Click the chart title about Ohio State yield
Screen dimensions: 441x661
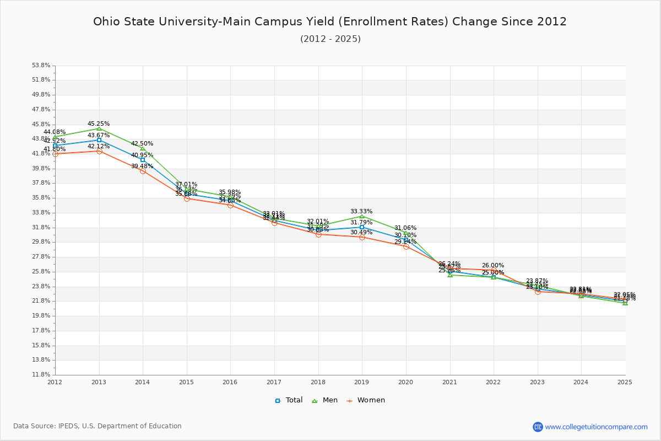pyautogui.click(x=330, y=21)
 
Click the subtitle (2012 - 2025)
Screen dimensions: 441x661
pyautogui.click(x=330, y=39)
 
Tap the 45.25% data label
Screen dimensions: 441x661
pyautogui.click(x=99, y=123)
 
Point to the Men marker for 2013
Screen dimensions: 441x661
pyautogui.click(x=99, y=128)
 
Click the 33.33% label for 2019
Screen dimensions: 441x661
pyautogui.click(x=361, y=211)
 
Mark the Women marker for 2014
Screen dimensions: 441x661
pyautogui.click(x=143, y=171)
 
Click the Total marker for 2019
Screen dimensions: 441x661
pyautogui.click(x=362, y=227)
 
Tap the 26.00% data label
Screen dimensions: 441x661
pyautogui.click(x=493, y=265)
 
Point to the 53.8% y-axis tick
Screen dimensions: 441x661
pyautogui.click(x=42, y=65)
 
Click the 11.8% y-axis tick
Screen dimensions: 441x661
pyautogui.click(x=42, y=374)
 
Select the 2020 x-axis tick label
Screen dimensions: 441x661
pyautogui.click(x=405, y=381)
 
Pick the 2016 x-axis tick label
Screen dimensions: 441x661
pyautogui.click(x=230, y=381)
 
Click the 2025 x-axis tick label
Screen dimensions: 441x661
pyautogui.click(x=625, y=381)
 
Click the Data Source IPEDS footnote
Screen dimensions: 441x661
pyautogui.click(x=97, y=426)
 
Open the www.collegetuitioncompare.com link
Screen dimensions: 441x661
pyautogui.click(x=596, y=427)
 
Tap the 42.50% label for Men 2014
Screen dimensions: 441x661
pyautogui.click(x=142, y=143)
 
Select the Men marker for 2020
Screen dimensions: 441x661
pyautogui.click(x=406, y=233)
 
